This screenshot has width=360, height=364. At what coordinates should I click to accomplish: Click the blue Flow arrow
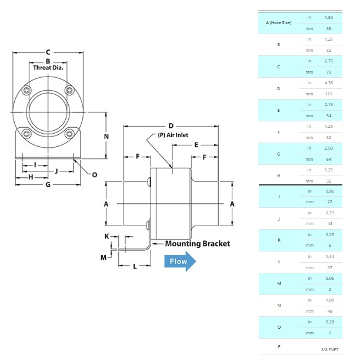tap(179, 262)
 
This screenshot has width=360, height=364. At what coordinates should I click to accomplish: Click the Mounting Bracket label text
tap(197, 243)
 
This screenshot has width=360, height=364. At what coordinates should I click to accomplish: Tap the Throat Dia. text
tap(48, 68)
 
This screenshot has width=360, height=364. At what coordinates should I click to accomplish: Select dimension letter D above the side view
tap(171, 125)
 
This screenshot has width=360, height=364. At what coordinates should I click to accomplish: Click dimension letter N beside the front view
tap(106, 136)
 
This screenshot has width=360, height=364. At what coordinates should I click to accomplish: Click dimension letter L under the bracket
tap(135, 266)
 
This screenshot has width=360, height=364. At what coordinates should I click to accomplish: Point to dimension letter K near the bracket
tap(106, 236)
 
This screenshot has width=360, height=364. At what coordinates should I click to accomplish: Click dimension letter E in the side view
tap(195, 144)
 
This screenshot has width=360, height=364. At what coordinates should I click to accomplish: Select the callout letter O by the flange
tap(94, 174)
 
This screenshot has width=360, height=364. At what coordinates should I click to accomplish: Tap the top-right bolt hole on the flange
tap(69, 90)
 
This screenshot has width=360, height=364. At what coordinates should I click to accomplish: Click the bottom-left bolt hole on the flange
tap(26, 134)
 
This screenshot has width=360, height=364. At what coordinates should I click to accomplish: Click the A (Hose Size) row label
tap(278, 23)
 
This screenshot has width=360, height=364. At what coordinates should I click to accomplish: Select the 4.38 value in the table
tap(328, 82)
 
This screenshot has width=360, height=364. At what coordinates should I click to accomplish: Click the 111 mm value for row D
tap(328, 94)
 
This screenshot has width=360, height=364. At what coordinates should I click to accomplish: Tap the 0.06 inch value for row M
tap(328, 278)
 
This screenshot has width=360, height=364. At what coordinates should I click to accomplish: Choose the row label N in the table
tap(278, 306)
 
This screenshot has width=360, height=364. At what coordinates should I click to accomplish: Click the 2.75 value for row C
tap(328, 61)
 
